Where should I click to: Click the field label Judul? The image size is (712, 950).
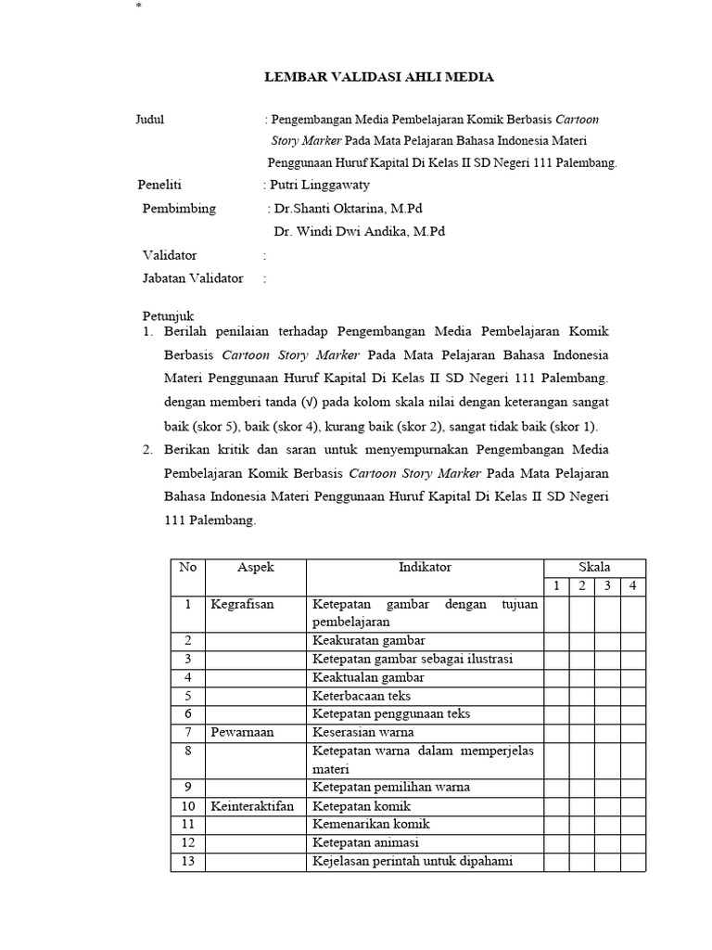[x=150, y=120]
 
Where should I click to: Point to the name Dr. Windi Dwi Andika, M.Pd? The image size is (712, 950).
[x=359, y=232]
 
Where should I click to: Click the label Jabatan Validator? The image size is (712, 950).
[x=193, y=278]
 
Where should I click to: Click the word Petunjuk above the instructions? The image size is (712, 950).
[x=168, y=315]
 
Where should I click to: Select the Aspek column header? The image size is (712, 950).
[x=256, y=567]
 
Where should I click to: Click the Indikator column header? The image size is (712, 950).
[x=425, y=567]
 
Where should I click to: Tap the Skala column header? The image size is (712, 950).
[x=594, y=567]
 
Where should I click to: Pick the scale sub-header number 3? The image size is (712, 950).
[x=606, y=585]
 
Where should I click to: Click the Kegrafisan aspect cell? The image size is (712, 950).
[x=243, y=605]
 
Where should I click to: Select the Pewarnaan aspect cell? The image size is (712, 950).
[x=243, y=732]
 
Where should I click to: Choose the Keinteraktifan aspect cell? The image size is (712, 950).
[x=252, y=806]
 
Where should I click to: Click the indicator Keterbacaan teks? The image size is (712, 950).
[x=362, y=695]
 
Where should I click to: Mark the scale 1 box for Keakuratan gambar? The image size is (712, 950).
[x=555, y=640]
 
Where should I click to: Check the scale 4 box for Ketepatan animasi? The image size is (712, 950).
[x=631, y=842]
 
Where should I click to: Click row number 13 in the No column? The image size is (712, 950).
[x=188, y=861]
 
